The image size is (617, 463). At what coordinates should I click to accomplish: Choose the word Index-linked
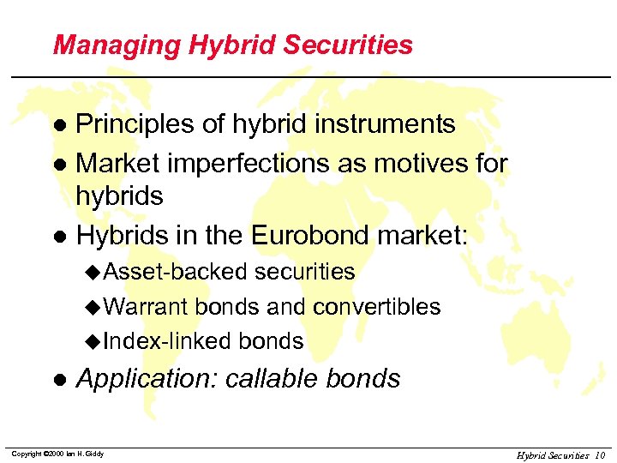click(x=156, y=341)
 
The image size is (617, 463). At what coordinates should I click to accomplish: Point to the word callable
click(x=274, y=379)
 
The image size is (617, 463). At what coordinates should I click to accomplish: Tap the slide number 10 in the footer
click(x=599, y=454)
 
